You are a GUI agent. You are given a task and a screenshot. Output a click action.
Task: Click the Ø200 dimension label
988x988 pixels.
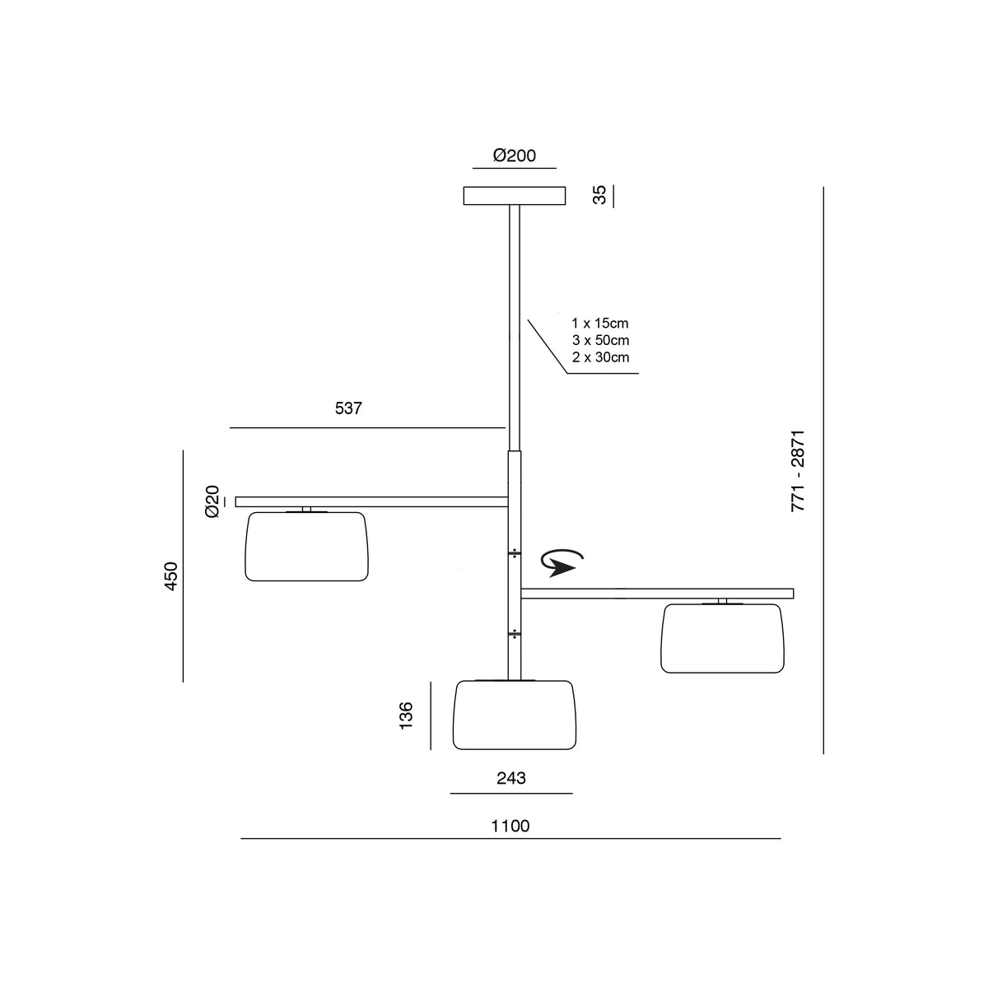click(x=515, y=156)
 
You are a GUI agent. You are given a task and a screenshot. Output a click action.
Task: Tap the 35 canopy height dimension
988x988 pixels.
click(x=599, y=195)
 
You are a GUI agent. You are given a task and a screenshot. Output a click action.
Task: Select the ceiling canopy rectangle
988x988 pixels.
click(x=515, y=196)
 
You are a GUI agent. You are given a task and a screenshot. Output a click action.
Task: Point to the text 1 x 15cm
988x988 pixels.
click(x=600, y=323)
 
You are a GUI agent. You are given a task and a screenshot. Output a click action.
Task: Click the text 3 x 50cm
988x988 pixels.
click(x=600, y=340)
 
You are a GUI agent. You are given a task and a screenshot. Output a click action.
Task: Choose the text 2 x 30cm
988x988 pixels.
click(x=600, y=357)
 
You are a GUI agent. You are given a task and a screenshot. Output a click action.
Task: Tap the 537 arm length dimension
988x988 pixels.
click(x=348, y=408)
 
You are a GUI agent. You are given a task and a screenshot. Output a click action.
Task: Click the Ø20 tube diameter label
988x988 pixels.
click(x=212, y=501)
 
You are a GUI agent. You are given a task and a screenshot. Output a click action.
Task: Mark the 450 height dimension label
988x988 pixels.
click(x=170, y=576)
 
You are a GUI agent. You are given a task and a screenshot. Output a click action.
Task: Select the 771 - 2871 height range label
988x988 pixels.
click(x=798, y=471)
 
